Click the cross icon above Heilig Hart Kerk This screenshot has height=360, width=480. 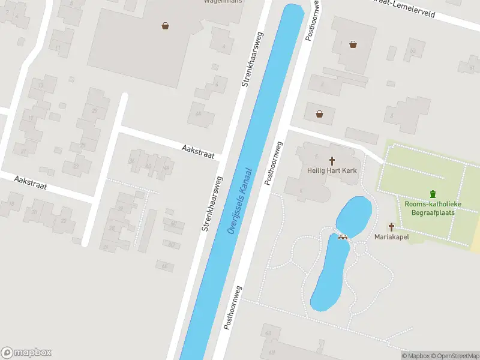[x=332, y=161]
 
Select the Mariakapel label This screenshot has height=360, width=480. [x=391, y=237]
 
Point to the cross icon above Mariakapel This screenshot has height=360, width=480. [x=391, y=227]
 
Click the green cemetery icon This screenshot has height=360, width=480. [x=433, y=194]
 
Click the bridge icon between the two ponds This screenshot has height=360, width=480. [x=343, y=235]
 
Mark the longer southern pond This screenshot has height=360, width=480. [x=329, y=273]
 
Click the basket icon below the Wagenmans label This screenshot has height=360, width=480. [x=165, y=25]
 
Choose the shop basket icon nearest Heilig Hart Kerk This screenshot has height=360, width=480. [x=319, y=113]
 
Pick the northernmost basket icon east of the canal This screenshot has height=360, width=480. [x=353, y=44]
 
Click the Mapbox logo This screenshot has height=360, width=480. [x=26, y=352]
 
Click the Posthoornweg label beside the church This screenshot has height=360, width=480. [x=274, y=163]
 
